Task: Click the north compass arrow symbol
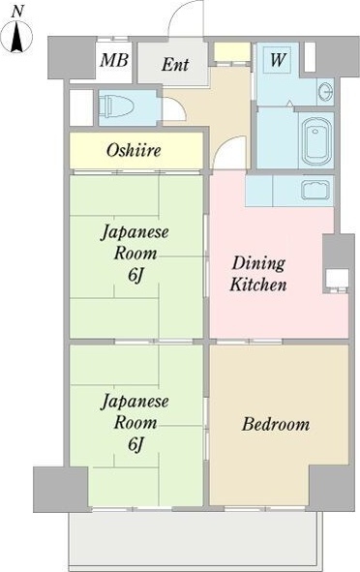(16, 37)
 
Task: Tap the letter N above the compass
(16, 12)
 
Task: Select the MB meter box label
(114, 60)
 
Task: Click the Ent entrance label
(175, 65)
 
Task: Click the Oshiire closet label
(134, 150)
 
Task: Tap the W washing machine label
(278, 59)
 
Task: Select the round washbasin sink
(325, 91)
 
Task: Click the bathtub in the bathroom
(316, 140)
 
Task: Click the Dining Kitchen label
(258, 274)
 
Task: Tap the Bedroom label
(276, 424)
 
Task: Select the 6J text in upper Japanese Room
(135, 276)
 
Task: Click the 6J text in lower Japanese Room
(135, 444)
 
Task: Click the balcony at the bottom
(195, 539)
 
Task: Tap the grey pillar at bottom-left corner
(61, 490)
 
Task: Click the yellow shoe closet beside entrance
(232, 52)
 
